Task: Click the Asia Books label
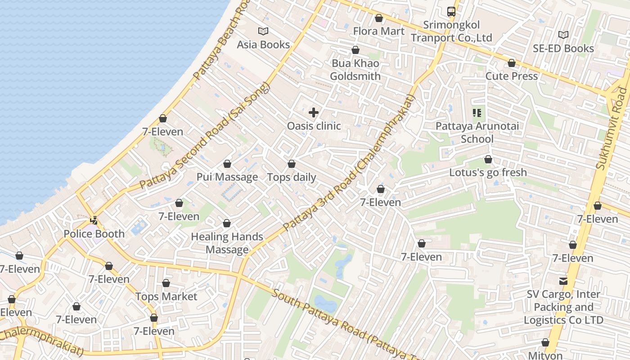(263, 45)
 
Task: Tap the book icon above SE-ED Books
(563, 35)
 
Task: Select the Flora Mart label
(379, 31)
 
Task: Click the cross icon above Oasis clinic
(314, 112)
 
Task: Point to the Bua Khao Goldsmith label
(355, 70)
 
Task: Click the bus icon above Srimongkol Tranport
(451, 12)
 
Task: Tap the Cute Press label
(511, 76)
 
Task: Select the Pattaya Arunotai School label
(477, 132)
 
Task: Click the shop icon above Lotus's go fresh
(488, 159)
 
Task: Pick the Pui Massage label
(227, 177)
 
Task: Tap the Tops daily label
(292, 177)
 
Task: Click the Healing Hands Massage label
(227, 243)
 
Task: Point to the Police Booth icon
(94, 220)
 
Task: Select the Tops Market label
(166, 297)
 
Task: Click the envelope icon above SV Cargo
(563, 281)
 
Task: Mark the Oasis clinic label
(314, 126)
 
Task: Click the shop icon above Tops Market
(166, 283)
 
